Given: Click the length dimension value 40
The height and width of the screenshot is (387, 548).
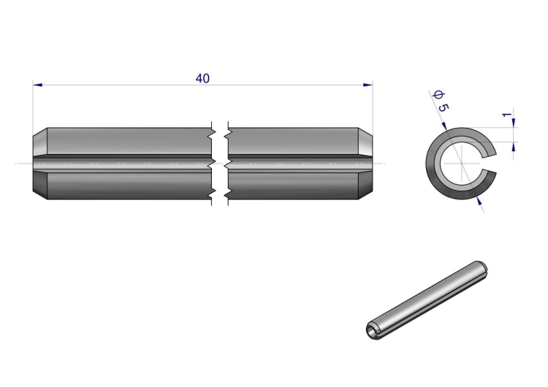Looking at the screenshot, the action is (202, 79).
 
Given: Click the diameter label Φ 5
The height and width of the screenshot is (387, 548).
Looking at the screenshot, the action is (441, 101).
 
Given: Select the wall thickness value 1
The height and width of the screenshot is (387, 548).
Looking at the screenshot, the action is (507, 115).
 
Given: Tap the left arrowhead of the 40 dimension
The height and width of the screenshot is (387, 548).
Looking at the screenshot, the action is (37, 85).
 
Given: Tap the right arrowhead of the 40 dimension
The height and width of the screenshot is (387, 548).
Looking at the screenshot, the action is (368, 85).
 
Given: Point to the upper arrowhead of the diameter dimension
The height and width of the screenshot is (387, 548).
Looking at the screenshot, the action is (444, 126).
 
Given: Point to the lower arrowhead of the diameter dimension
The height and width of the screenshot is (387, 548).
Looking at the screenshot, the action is (479, 200).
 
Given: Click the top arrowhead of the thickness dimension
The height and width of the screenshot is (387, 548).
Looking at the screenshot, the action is (514, 123).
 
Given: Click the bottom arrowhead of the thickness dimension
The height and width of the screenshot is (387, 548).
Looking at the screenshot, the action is (514, 147).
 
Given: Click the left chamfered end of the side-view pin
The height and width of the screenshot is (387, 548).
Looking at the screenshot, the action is (40, 164).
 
